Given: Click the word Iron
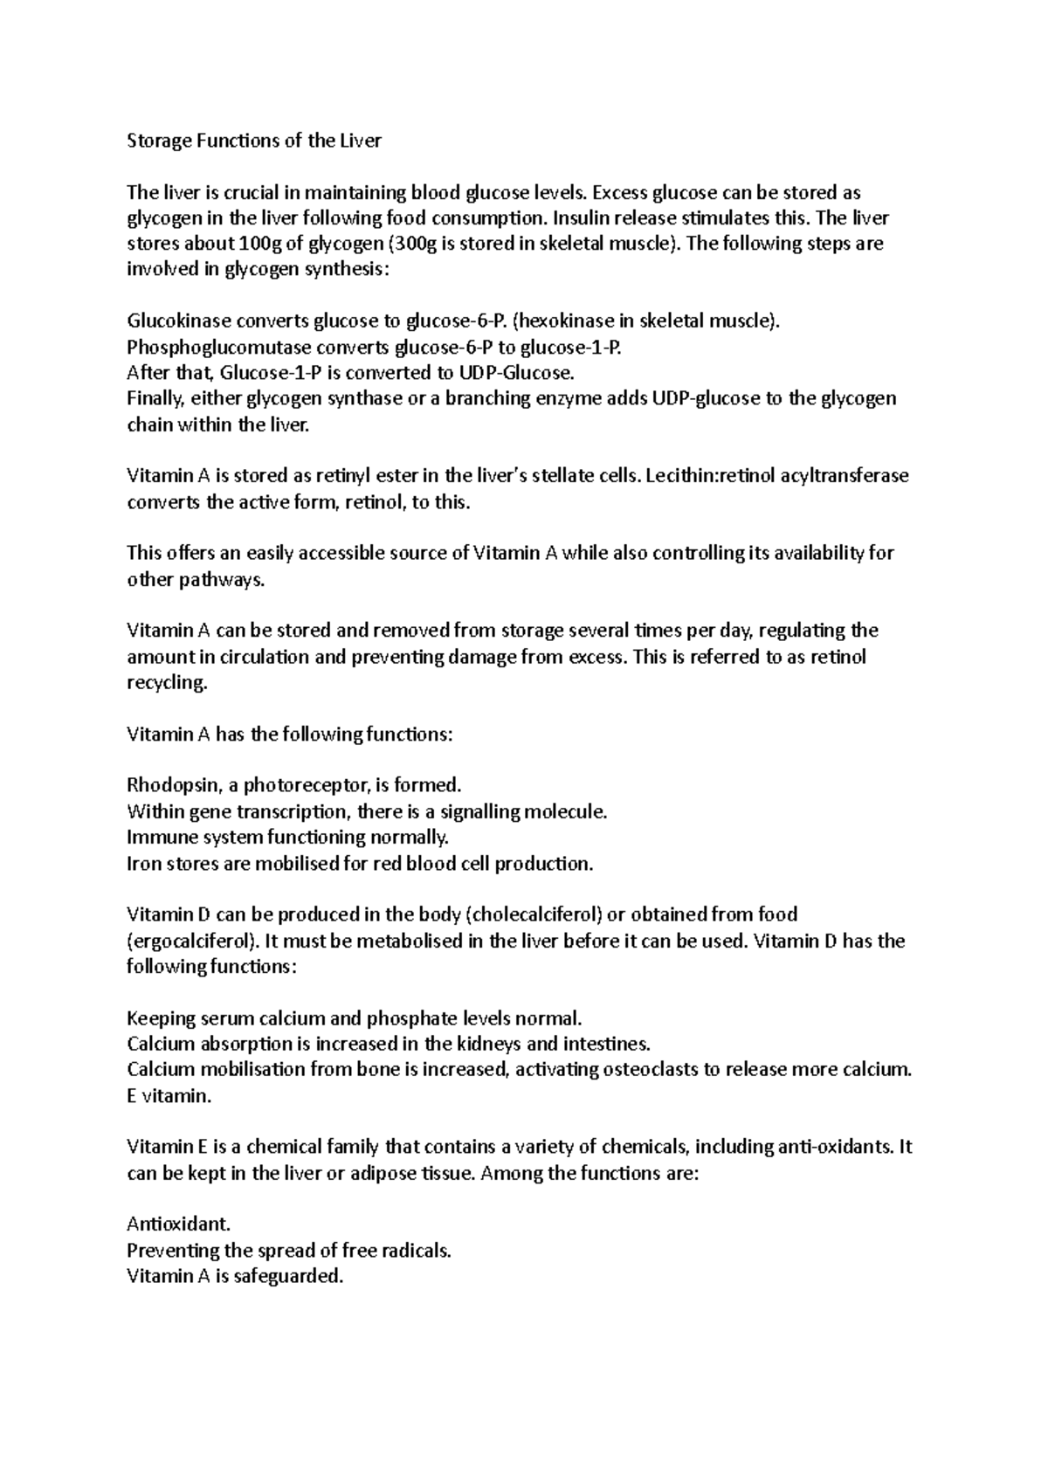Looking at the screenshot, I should coord(144,864).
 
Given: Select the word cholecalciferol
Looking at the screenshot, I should coord(536,915).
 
